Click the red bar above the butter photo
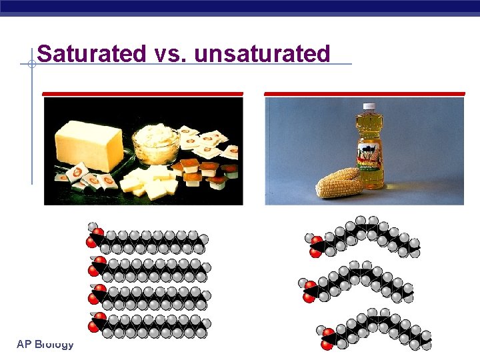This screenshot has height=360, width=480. coord(143,93)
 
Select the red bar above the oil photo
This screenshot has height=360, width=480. coord(365,93)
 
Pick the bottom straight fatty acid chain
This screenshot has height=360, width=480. coord(149,325)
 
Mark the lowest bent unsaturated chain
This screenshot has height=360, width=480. coord(377,328)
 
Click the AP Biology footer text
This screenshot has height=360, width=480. coord(45,344)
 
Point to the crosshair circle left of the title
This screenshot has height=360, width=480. coord(31,64)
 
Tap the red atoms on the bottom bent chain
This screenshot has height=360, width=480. coord(328,339)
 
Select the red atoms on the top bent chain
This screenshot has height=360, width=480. coord(315,245)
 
